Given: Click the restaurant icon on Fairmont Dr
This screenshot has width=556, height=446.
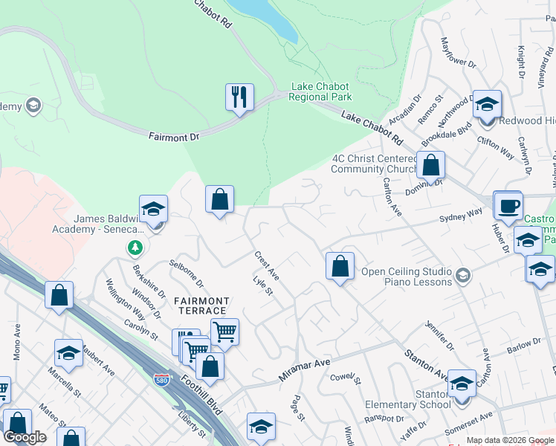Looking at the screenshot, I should pos(239,97).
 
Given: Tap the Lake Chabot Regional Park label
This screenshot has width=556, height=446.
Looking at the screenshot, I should pos(320,92).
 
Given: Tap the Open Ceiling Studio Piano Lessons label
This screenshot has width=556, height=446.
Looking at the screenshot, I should pos(407,277).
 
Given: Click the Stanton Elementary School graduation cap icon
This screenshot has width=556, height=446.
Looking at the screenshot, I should pos(462,384).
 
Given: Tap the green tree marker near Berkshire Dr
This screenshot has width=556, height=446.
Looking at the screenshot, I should pos(135,247).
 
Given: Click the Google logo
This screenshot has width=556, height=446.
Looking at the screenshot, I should pos(25,437).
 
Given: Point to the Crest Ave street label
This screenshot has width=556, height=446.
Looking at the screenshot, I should pos(265,265).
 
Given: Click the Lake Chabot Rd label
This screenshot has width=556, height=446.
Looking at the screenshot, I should pos(372,127).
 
